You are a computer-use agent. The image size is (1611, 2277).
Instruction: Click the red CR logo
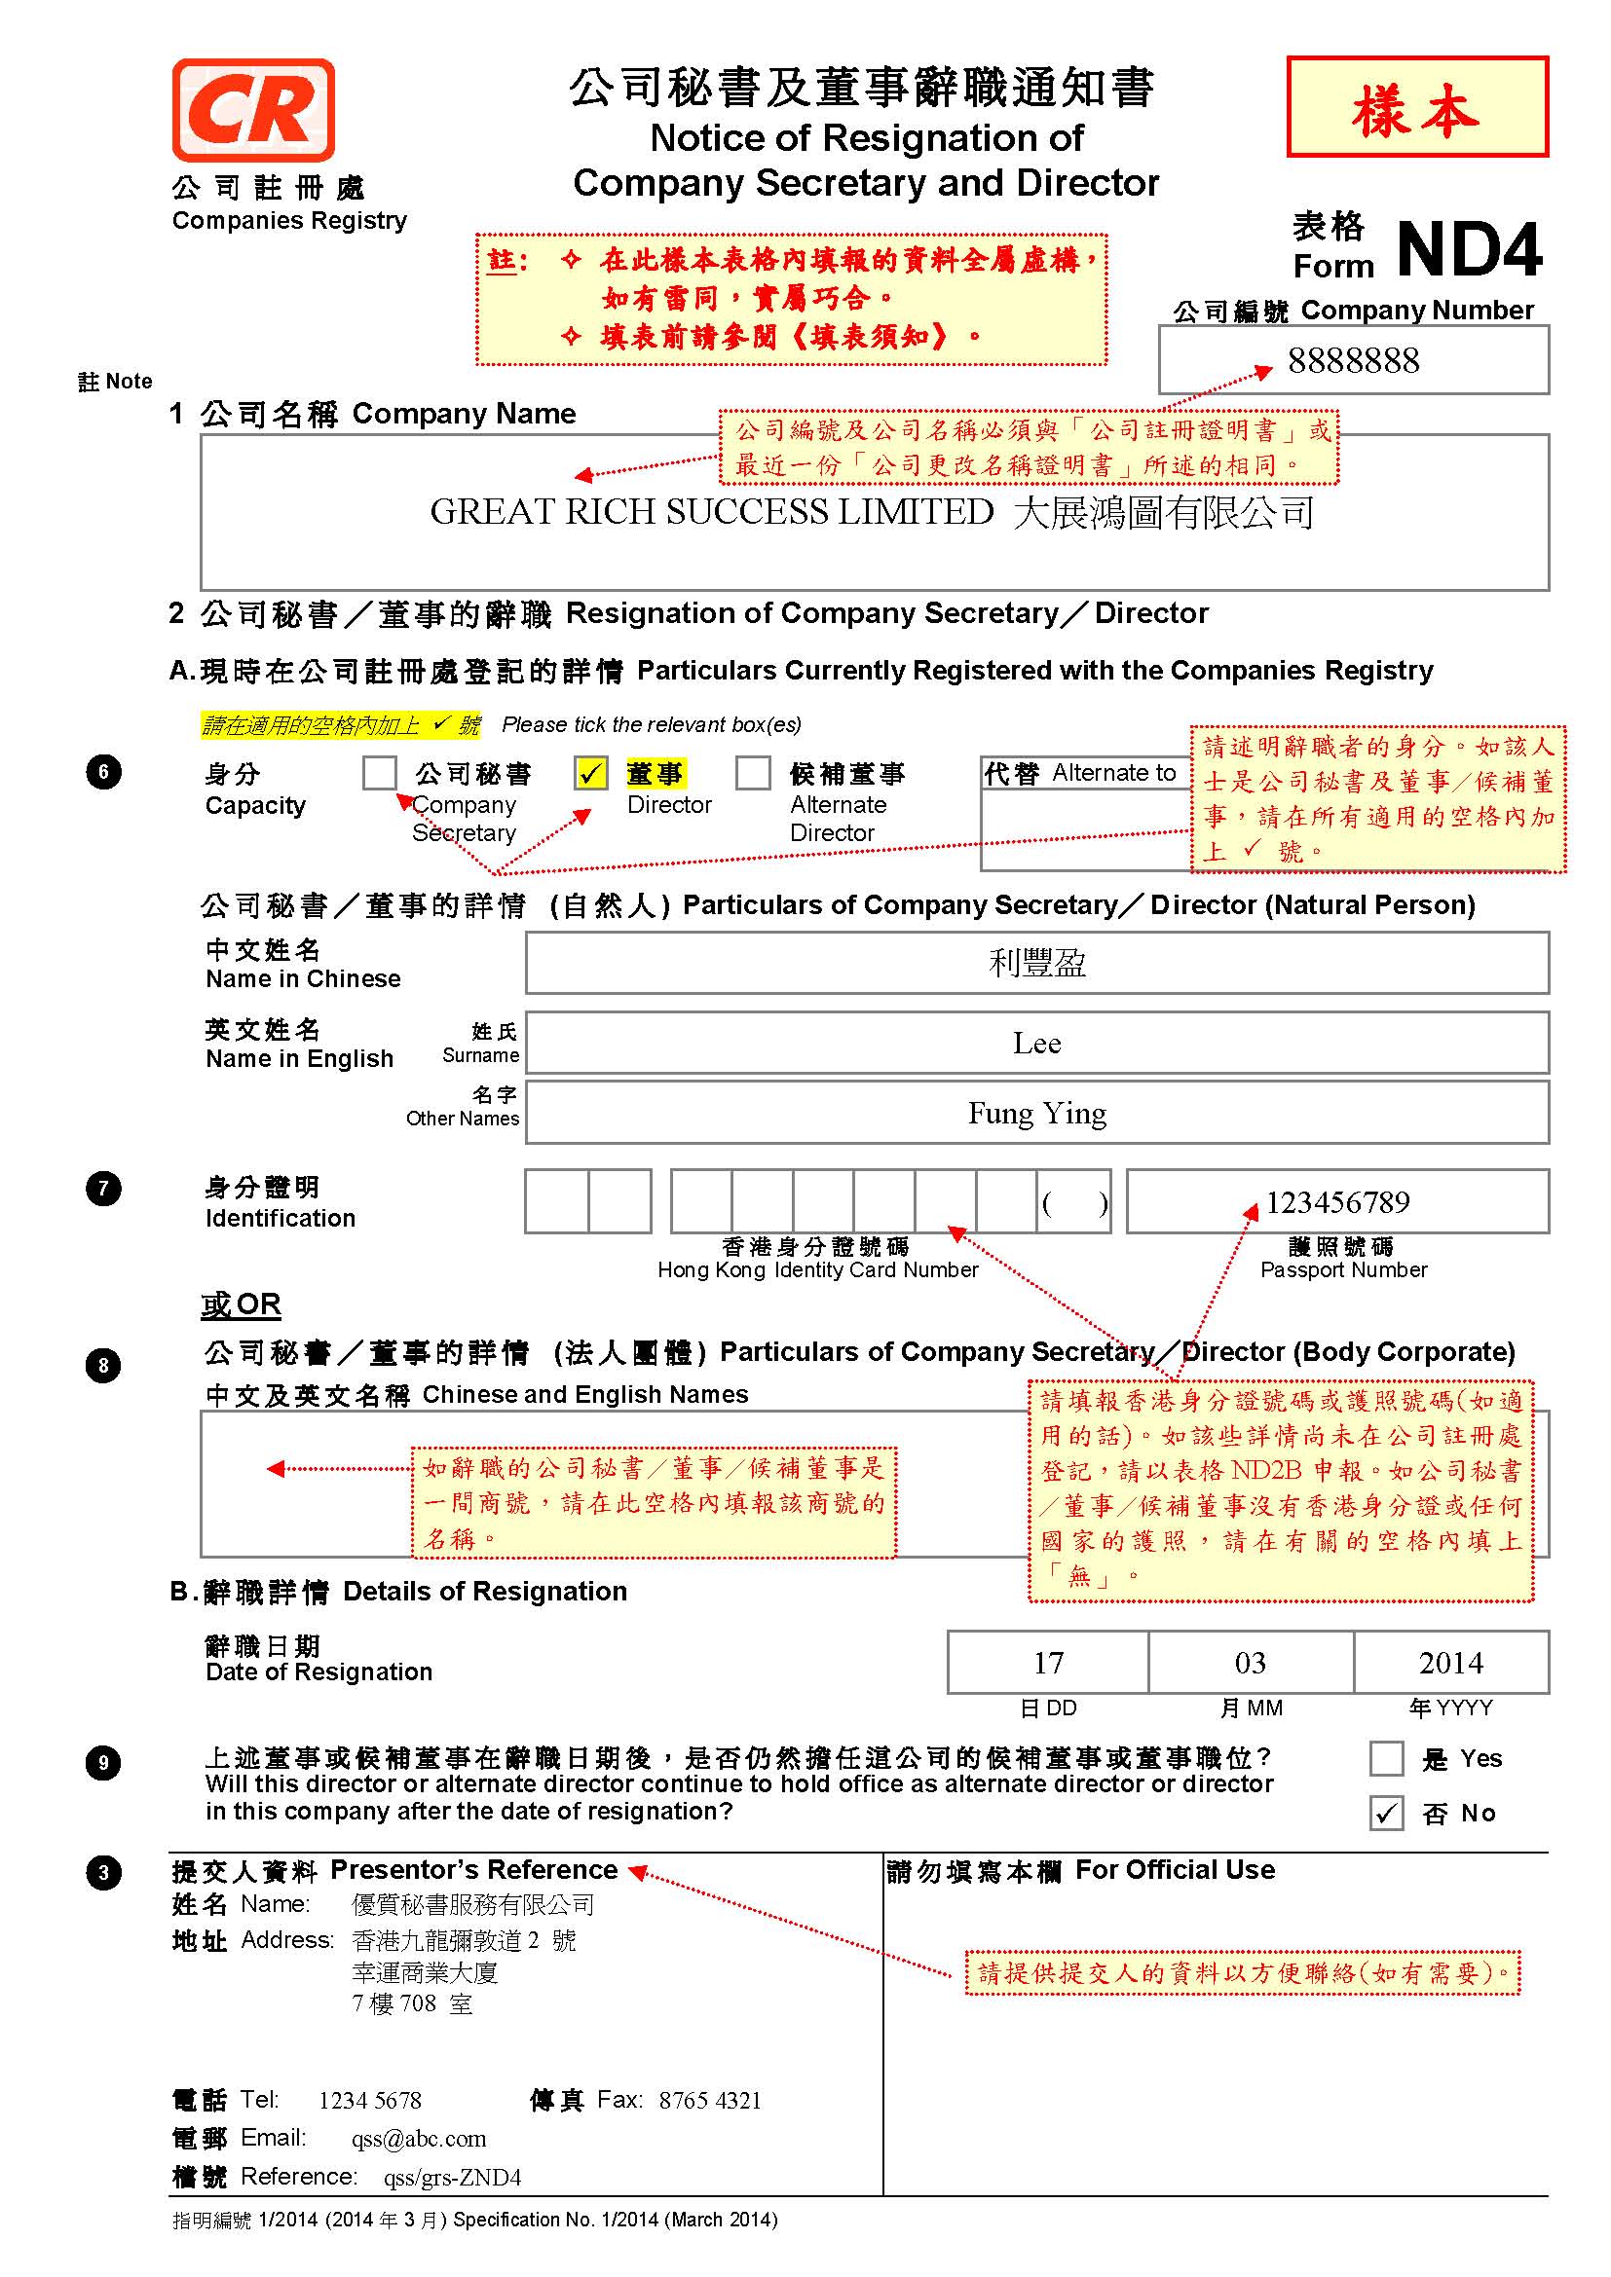[253, 110]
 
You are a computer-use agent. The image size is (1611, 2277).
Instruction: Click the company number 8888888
[1353, 361]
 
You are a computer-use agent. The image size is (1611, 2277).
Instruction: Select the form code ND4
[1469, 249]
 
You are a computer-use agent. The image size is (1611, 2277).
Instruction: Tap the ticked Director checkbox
[591, 774]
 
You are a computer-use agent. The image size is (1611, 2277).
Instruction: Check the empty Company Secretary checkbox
[379, 774]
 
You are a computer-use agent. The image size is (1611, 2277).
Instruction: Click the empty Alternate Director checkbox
[753, 774]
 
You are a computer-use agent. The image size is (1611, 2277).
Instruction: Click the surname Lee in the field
[1036, 1044]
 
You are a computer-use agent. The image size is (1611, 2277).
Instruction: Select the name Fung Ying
[1036, 1114]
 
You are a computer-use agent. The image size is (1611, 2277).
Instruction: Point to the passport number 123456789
[1337, 1203]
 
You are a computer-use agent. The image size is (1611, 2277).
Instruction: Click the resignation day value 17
[1049, 1663]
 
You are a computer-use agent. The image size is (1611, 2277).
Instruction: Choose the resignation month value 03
[1250, 1663]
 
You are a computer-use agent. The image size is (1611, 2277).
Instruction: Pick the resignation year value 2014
[1450, 1663]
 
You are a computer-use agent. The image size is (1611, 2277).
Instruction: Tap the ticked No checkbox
[1386, 1814]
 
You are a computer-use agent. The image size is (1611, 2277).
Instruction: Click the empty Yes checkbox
[1386, 1759]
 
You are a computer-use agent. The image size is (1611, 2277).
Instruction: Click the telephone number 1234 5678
[370, 2101]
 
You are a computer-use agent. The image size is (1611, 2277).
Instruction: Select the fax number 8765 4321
[710, 2101]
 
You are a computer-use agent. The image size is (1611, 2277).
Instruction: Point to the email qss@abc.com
[419, 2139]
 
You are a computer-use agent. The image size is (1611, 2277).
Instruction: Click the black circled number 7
[103, 1188]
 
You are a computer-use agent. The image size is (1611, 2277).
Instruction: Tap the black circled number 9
[103, 1763]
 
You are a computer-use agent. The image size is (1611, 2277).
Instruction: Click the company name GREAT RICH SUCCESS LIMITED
[711, 513]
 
